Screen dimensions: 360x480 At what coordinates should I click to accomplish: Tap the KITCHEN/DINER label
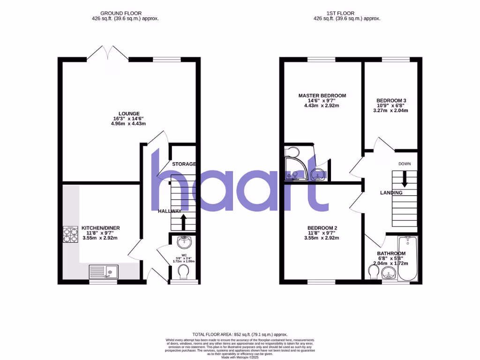tap(101, 228)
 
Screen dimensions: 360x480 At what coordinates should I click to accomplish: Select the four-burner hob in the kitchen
tap(70, 234)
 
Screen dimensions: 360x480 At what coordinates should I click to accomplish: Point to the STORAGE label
tap(184, 164)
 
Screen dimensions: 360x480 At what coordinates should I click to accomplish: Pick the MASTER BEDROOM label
tap(322, 96)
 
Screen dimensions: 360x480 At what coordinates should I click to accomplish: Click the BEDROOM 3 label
tap(391, 101)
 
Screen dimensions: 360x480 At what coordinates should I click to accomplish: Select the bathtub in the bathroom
tap(406, 258)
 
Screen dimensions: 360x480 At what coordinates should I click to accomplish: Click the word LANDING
tap(391, 193)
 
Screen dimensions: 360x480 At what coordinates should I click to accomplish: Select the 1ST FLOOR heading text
tap(346, 13)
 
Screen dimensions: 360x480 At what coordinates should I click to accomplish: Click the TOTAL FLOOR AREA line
tap(240, 333)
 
